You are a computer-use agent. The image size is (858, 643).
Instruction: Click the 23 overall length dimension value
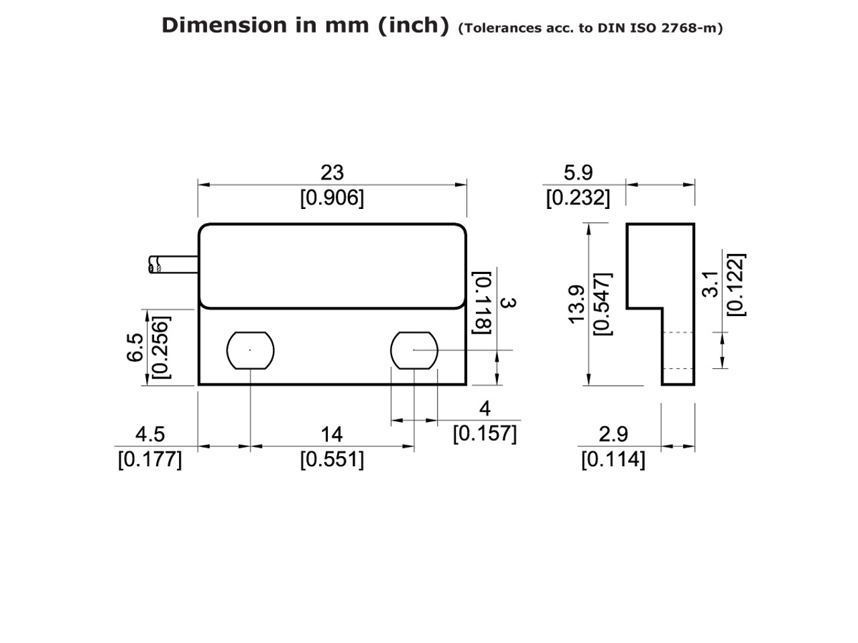click(332, 173)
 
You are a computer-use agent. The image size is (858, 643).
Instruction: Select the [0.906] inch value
click(332, 198)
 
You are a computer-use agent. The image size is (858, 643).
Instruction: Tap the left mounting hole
click(251, 350)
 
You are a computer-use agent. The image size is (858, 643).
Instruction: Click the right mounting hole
click(414, 350)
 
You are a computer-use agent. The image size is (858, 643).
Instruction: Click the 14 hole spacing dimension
click(332, 435)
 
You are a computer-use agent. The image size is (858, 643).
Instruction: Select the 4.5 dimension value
click(149, 435)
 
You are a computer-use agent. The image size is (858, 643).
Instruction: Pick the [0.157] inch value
click(485, 434)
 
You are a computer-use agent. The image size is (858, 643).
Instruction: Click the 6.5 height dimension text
click(135, 348)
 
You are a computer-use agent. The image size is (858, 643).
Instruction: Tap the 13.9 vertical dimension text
click(577, 304)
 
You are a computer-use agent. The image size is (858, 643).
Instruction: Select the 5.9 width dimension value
click(578, 173)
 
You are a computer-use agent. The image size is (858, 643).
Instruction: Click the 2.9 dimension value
click(613, 435)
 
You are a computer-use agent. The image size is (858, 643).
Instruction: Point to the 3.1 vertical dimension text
click(714, 284)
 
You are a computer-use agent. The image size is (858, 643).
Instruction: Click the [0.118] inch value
click(483, 303)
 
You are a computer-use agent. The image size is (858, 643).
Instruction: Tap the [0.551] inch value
click(332, 460)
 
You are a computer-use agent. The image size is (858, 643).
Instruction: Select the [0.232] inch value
click(578, 198)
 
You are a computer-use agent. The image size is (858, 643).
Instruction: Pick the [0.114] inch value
click(613, 460)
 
